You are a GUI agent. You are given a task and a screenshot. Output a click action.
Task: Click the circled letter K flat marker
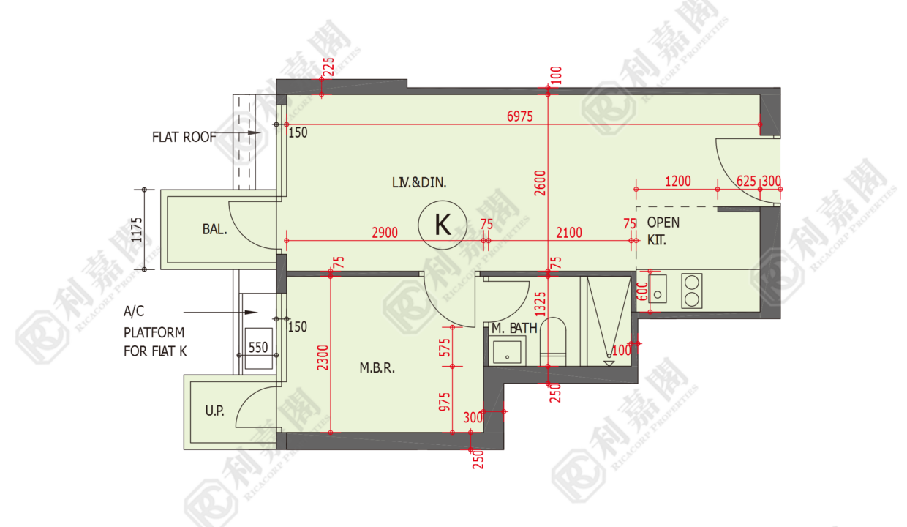443,225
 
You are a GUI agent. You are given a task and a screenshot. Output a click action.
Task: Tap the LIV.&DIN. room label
419,183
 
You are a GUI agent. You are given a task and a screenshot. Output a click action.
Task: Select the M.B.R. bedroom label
377,368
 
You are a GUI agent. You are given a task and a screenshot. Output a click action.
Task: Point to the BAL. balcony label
214,229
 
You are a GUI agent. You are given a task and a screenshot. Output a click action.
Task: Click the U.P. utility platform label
214,411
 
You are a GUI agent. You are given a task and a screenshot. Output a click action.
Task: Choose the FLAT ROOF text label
184,138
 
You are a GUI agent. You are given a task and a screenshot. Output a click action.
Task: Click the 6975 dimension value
520,116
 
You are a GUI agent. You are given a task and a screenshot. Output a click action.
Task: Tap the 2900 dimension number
385,233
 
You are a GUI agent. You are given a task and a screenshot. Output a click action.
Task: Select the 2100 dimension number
569,233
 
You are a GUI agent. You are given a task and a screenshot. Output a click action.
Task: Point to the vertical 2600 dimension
540,183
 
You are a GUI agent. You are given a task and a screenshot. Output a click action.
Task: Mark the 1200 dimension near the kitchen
678,181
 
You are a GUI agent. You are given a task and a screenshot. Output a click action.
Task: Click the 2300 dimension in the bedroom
323,358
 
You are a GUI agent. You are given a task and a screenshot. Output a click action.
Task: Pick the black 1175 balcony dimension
137,230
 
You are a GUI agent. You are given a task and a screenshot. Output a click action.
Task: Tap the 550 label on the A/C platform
258,348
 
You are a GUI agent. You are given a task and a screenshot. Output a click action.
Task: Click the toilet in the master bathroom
553,341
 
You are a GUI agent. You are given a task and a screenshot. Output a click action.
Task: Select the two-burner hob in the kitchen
692,291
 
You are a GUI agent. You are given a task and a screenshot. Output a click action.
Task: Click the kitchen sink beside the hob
658,288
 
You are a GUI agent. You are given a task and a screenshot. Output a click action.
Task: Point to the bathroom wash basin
507,352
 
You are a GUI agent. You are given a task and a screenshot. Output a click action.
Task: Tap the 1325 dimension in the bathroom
540,304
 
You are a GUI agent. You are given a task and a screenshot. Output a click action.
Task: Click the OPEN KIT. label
663,231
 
